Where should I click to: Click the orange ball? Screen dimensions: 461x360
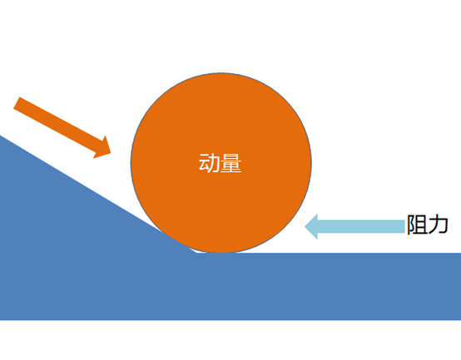point(221,163)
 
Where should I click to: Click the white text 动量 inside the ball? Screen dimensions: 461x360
point(221,163)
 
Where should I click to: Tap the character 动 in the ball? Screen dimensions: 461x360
point(210,163)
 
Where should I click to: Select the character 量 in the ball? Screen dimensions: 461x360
point(231,163)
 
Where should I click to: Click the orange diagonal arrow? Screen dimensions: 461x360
point(62,128)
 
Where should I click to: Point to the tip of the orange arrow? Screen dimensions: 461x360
point(111,153)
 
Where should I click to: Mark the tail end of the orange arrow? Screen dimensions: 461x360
point(17,103)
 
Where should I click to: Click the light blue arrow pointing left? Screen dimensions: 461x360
point(354,227)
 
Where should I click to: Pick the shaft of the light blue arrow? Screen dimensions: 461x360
point(361,227)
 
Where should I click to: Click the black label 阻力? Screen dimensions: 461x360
point(428,224)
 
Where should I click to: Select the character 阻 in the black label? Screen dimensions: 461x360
point(417,224)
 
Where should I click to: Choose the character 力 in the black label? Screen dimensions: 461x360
point(438,224)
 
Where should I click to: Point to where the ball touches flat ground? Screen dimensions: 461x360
point(221,253)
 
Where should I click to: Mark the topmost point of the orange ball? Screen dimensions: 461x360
point(221,73)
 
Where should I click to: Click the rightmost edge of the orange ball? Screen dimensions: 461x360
point(312,163)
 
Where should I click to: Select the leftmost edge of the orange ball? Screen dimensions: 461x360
point(131,163)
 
